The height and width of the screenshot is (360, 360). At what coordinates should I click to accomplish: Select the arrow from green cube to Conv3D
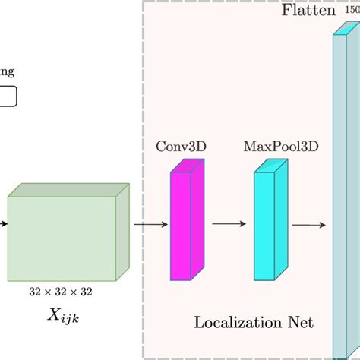click(150, 224)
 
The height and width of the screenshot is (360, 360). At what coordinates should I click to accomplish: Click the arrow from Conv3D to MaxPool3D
click(229, 224)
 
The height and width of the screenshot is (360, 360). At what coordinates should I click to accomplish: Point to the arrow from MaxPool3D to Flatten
click(309, 224)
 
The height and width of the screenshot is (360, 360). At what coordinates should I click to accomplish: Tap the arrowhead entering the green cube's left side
click(4, 224)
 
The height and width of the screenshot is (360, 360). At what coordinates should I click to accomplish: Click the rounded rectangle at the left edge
click(8, 97)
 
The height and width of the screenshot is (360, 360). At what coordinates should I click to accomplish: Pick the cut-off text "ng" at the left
click(7, 74)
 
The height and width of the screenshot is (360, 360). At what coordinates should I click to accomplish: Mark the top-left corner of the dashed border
click(144, 2)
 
